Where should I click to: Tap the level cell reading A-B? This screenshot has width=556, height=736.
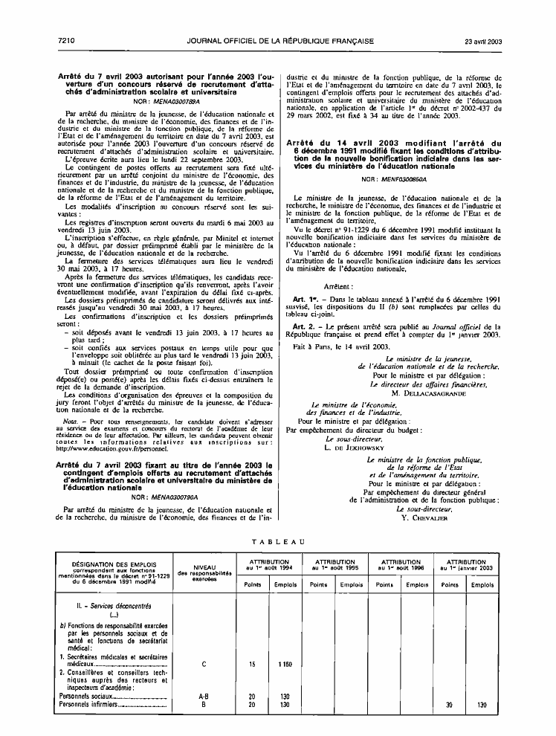pos(195,695)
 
